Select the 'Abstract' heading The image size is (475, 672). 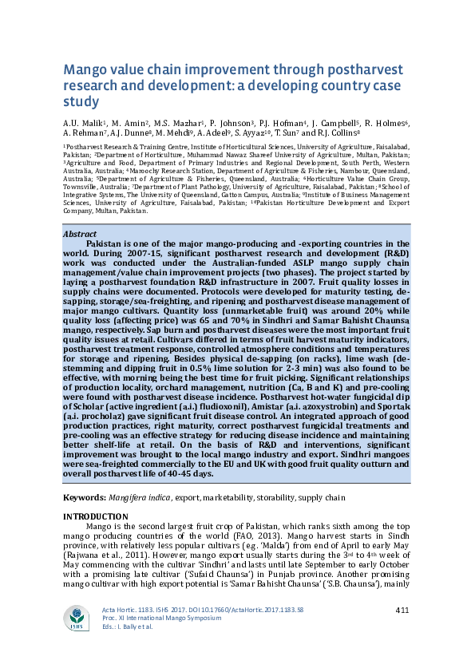[80, 234]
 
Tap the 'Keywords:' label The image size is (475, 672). [85, 497]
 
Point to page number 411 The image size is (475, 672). [402, 611]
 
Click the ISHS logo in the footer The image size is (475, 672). [78, 620]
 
